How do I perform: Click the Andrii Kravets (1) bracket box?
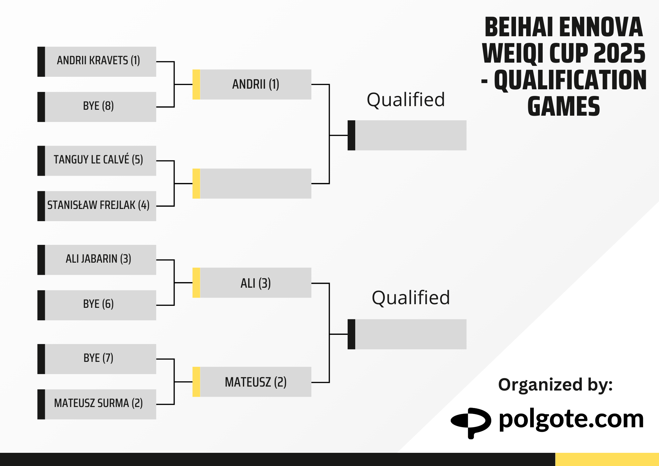tap(97, 62)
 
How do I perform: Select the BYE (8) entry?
tap(97, 107)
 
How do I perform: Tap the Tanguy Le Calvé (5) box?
tap(97, 161)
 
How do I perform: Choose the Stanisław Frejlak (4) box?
tap(97, 206)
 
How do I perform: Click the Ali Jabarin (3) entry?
tap(97, 260)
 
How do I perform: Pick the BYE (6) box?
tap(97, 305)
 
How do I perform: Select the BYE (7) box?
tap(97, 359)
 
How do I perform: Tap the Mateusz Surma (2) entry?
tap(97, 404)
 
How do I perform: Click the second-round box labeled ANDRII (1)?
tap(252, 84)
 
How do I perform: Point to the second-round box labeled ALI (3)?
tap(252, 283)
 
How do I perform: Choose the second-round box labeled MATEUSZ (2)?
tap(252, 382)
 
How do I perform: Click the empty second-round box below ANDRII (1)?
tap(252, 184)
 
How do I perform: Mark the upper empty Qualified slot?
tap(407, 135)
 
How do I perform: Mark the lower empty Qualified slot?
tap(407, 334)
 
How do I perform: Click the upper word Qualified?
tap(406, 100)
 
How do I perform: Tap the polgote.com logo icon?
tap(471, 423)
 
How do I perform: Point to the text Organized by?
tap(556, 385)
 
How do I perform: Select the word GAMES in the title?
tap(564, 106)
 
